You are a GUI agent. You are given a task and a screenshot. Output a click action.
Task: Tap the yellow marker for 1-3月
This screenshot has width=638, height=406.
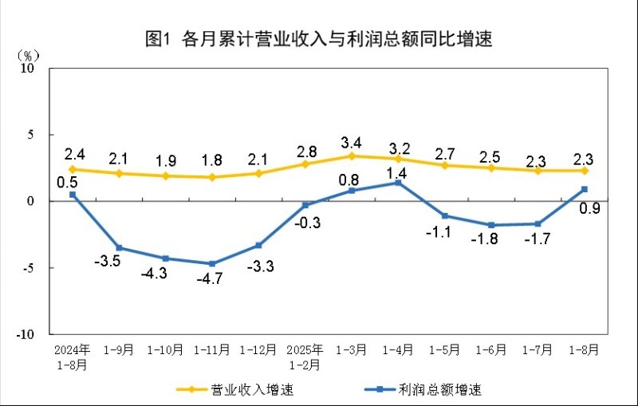(x=352, y=156)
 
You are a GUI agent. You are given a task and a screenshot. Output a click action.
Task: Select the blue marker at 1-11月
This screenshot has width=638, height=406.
(x=212, y=263)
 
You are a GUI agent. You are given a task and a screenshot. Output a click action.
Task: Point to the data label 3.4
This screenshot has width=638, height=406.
(x=352, y=143)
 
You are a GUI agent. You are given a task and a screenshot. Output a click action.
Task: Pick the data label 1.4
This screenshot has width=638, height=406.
(x=398, y=171)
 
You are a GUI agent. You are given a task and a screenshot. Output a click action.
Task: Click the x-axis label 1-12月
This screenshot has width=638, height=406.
(x=258, y=349)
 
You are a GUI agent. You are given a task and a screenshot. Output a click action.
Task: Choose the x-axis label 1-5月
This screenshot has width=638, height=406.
(x=444, y=349)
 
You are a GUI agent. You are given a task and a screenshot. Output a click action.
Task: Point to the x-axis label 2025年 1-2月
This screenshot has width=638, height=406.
(x=305, y=356)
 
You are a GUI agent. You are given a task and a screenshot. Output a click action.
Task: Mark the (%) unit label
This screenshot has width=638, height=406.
(x=27, y=55)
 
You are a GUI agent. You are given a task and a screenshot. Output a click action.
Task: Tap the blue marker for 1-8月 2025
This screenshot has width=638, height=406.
(x=585, y=189)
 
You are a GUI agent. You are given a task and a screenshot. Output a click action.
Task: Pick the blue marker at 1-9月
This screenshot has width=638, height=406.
(x=119, y=247)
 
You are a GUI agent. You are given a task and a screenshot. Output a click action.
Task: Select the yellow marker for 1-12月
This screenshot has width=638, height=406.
(x=258, y=173)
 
